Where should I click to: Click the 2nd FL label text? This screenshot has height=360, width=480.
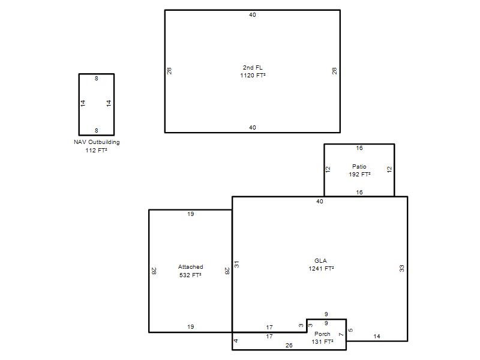[x=253, y=68]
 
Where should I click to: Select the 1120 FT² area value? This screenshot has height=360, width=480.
[x=253, y=76]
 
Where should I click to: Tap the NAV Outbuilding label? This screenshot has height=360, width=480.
[x=97, y=142]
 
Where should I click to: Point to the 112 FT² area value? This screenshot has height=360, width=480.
[x=96, y=151]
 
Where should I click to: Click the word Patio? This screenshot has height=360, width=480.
[x=359, y=167]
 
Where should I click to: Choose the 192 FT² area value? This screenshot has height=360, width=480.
[x=359, y=175]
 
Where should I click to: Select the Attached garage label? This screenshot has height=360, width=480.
[x=190, y=267]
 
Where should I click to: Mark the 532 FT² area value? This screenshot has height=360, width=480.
[x=190, y=275]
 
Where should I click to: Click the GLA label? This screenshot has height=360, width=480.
[x=320, y=261]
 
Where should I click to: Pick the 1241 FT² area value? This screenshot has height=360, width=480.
[x=321, y=269]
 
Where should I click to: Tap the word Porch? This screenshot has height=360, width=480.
[x=322, y=334]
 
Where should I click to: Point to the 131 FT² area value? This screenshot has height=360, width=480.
[x=322, y=341]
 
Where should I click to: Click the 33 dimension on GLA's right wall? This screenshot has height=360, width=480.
[x=401, y=268]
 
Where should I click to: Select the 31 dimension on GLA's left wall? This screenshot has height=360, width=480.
[x=236, y=265]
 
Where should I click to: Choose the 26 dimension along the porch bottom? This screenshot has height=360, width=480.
[x=289, y=346]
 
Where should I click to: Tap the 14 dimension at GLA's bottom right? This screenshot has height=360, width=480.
[x=377, y=337]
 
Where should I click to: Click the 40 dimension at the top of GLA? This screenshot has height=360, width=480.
[x=320, y=202]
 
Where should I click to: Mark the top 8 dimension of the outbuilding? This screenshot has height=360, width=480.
[x=97, y=79]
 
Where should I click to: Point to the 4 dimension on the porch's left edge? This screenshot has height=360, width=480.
[x=236, y=341]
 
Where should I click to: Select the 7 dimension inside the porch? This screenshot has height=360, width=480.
[x=341, y=335]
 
